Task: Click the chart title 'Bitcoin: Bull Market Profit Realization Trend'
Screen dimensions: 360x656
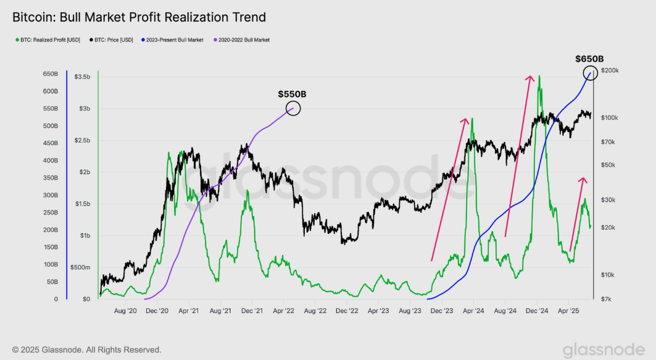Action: point(139,17)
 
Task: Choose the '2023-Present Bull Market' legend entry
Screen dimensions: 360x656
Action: point(174,40)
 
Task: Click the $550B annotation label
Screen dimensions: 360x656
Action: point(292,94)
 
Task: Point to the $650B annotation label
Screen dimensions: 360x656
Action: point(589,59)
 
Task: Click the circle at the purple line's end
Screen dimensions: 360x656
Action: point(293,109)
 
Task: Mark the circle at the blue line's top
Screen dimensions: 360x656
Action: point(591,73)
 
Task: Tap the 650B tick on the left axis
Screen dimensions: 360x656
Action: point(50,74)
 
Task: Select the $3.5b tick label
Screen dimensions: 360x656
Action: point(82,77)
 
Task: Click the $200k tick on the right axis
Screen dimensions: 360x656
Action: point(609,71)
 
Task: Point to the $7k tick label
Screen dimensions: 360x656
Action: point(607,299)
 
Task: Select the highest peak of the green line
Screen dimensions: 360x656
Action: point(539,76)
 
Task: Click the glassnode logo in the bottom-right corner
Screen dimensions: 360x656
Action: point(605,350)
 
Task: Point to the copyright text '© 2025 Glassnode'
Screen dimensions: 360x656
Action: point(86,350)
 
